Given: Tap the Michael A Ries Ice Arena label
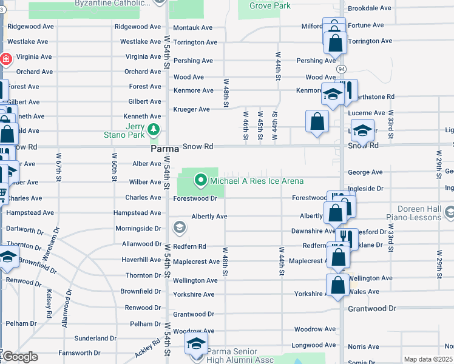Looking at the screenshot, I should coord(256,181).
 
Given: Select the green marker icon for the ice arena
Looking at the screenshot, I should coord(201,180).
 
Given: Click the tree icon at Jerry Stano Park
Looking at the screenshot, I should coord(154,129).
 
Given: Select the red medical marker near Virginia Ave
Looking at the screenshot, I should coord(5,59).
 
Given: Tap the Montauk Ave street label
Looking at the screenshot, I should coord(193,28).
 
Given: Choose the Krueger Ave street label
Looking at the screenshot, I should coord(191,109).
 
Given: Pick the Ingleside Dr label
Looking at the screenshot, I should coord(366,189).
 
